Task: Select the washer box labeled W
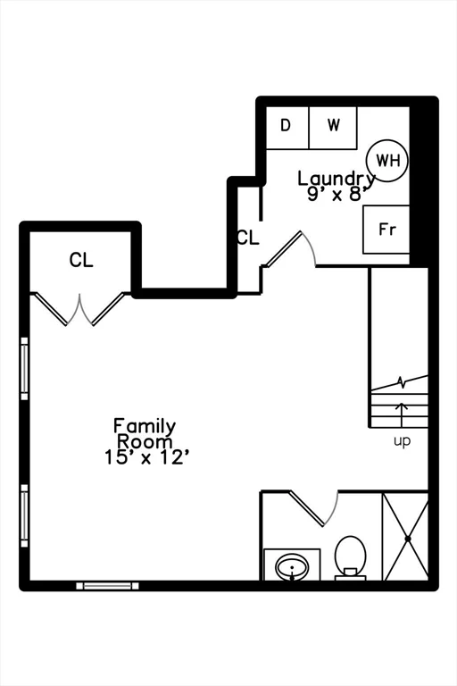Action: (x=333, y=128)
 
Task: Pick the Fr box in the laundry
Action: (x=386, y=230)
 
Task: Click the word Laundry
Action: (x=337, y=179)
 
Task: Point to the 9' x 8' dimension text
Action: (x=337, y=193)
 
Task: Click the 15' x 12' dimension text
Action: (x=147, y=457)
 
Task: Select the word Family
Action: (x=145, y=426)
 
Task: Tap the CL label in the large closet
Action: (x=81, y=260)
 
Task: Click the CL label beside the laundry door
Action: (x=248, y=237)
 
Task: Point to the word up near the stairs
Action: (x=402, y=441)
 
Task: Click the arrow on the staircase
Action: (x=402, y=414)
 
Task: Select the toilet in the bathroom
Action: (x=350, y=557)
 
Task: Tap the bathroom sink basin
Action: (x=292, y=567)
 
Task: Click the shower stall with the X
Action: (x=405, y=537)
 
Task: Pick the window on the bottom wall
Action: (x=108, y=586)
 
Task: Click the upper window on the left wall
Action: (x=24, y=368)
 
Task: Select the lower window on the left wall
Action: (x=24, y=515)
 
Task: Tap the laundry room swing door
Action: (x=289, y=249)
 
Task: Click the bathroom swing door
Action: (x=314, y=508)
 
